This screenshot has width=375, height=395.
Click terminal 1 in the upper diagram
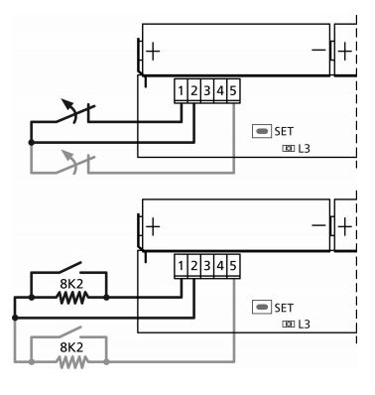tap(181, 90)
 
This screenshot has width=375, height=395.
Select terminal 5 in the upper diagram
tap(233, 90)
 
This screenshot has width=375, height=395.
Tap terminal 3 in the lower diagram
tap(207, 266)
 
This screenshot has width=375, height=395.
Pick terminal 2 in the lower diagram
tap(193, 266)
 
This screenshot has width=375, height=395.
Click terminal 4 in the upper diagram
tap(220, 90)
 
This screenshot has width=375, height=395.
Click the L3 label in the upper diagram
tap(304, 149)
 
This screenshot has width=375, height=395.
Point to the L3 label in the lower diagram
tap(304, 325)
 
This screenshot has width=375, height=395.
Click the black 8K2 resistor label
tap(71, 284)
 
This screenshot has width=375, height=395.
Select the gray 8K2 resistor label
tap(71, 347)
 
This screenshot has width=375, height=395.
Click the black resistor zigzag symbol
tap(72, 298)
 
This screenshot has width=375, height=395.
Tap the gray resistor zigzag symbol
tap(72, 362)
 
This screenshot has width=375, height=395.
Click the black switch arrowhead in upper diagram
tap(66, 103)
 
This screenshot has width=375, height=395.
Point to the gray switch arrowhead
tap(67, 155)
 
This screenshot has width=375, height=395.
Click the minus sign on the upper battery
tap(318, 51)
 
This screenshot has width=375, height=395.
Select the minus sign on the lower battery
tap(318, 225)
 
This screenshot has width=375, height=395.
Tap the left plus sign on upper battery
tap(153, 52)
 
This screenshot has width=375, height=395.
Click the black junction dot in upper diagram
tap(31, 143)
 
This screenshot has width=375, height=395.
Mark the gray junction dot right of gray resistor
tap(106, 362)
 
